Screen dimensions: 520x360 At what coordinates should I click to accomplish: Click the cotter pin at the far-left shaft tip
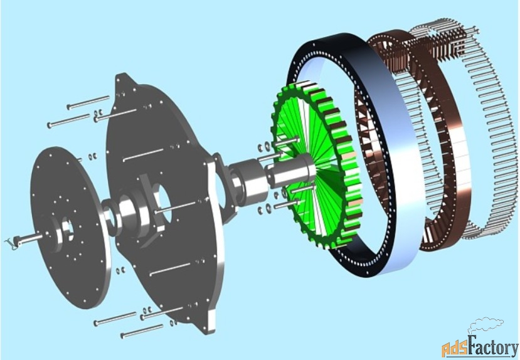12,243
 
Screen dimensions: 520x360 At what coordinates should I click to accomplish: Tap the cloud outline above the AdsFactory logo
486,325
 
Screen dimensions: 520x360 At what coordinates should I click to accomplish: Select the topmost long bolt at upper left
88,102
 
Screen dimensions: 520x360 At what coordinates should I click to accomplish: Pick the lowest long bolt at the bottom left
142,331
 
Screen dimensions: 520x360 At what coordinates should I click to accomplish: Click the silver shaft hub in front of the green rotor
292,172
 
